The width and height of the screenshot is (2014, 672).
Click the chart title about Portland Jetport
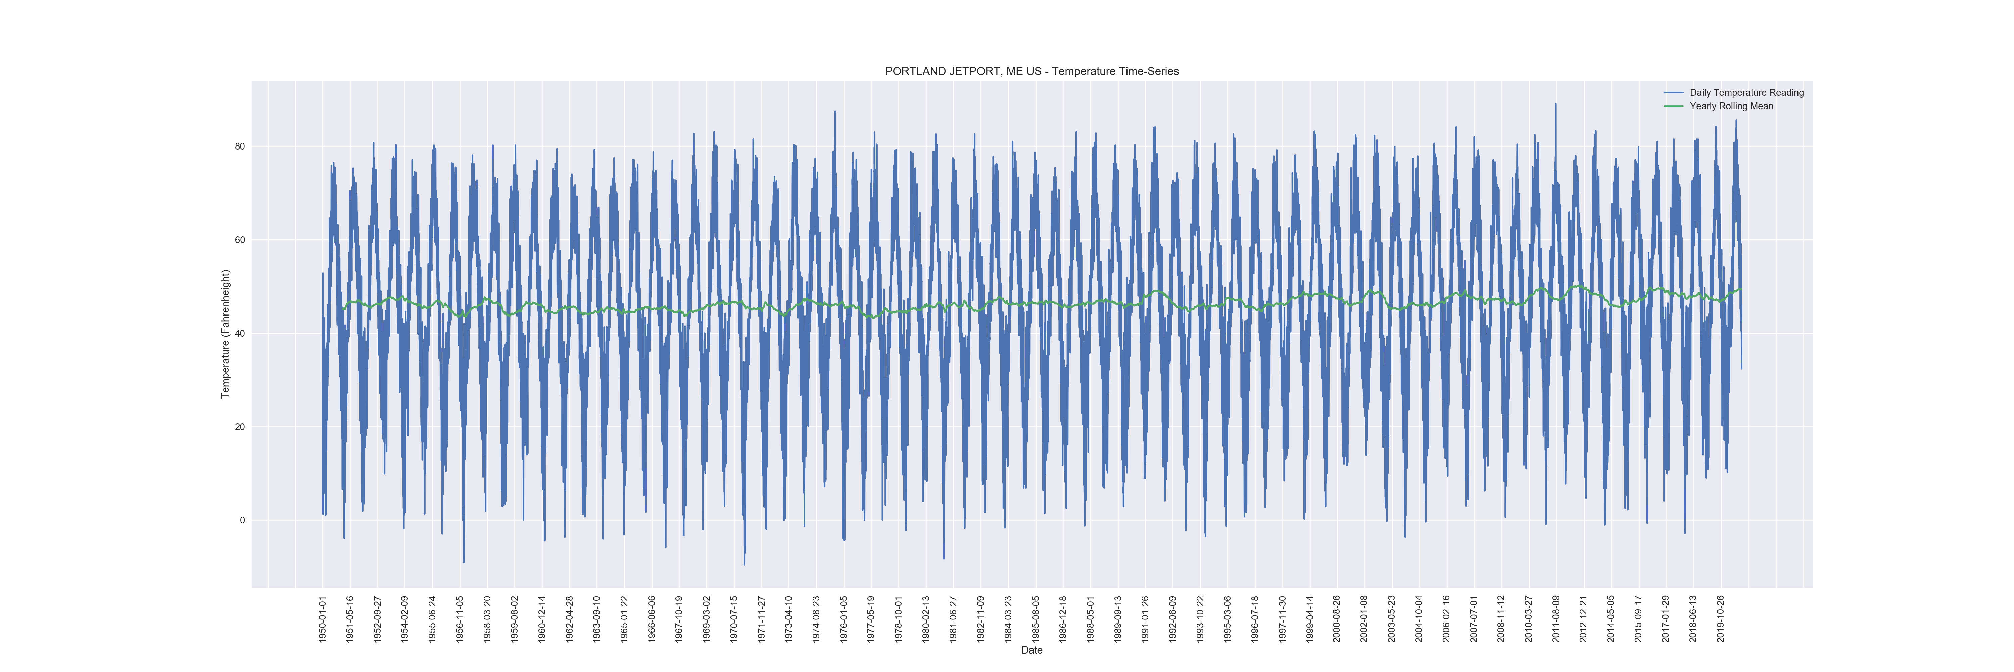[x=1031, y=71]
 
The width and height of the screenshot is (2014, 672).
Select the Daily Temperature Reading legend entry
[x=1746, y=92]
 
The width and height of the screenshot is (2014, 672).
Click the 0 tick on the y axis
[x=242, y=520]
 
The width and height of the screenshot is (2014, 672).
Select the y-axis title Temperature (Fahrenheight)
[x=225, y=334]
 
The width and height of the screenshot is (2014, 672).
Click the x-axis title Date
[x=1031, y=650]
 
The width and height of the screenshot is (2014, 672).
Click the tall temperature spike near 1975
[x=834, y=112]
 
